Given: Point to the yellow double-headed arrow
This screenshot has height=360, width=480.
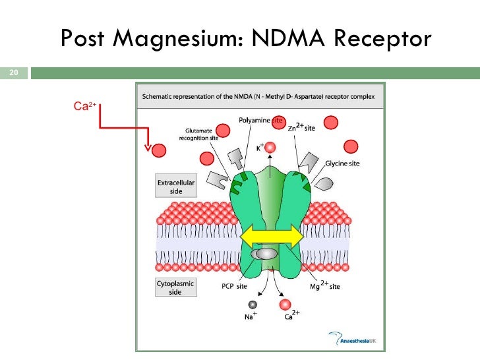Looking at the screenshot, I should (x=270, y=235).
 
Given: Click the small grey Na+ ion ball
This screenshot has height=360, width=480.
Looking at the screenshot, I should (x=252, y=304).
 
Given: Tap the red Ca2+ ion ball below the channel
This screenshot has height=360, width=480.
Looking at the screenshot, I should (x=285, y=304).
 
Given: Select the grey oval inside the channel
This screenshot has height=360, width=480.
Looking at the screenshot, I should (x=266, y=254).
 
